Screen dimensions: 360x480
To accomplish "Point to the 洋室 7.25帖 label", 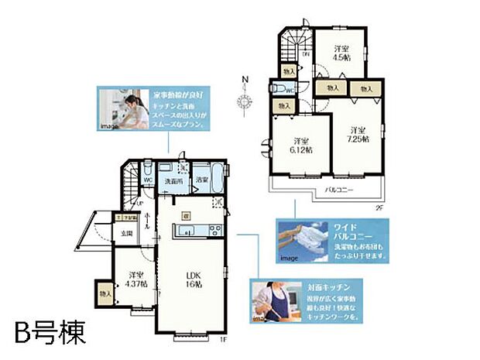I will [356, 135].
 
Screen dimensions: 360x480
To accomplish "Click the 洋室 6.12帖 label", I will [301, 145].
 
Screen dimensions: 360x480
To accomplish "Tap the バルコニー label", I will [339, 188].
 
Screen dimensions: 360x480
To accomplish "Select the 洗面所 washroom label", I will [171, 180].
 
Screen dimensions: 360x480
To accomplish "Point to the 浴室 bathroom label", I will [201, 180].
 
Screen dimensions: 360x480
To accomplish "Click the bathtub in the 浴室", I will [216, 182].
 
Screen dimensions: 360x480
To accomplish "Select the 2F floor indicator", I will [379, 207].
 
